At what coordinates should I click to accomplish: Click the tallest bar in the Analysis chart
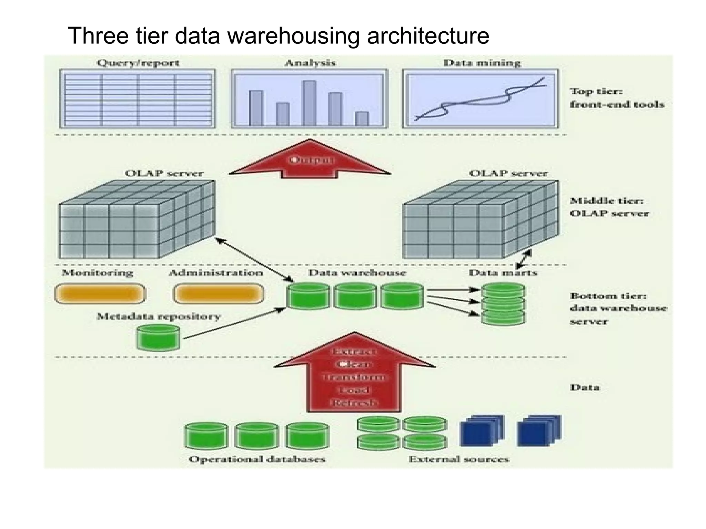[x=309, y=103]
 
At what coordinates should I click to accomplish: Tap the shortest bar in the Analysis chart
[x=362, y=118]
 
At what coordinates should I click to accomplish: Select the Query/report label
[x=138, y=63]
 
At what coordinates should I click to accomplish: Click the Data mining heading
[x=482, y=63]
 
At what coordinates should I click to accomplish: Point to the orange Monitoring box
[x=100, y=294]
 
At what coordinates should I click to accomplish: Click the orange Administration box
[x=219, y=294]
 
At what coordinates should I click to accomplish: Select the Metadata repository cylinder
[x=158, y=337]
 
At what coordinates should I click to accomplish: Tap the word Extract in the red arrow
[x=354, y=352]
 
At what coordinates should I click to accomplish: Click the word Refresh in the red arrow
[x=354, y=403]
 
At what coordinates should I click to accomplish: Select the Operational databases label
[x=257, y=459]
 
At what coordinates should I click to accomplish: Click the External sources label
[x=459, y=459]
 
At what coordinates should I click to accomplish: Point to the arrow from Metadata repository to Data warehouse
[x=234, y=324]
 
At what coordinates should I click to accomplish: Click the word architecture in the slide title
[x=428, y=35]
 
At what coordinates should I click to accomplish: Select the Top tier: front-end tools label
[x=616, y=98]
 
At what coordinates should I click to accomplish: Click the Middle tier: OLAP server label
[x=609, y=207]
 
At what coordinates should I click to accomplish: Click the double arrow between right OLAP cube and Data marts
[x=524, y=259]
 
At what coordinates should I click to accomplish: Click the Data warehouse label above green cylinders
[x=357, y=273]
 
